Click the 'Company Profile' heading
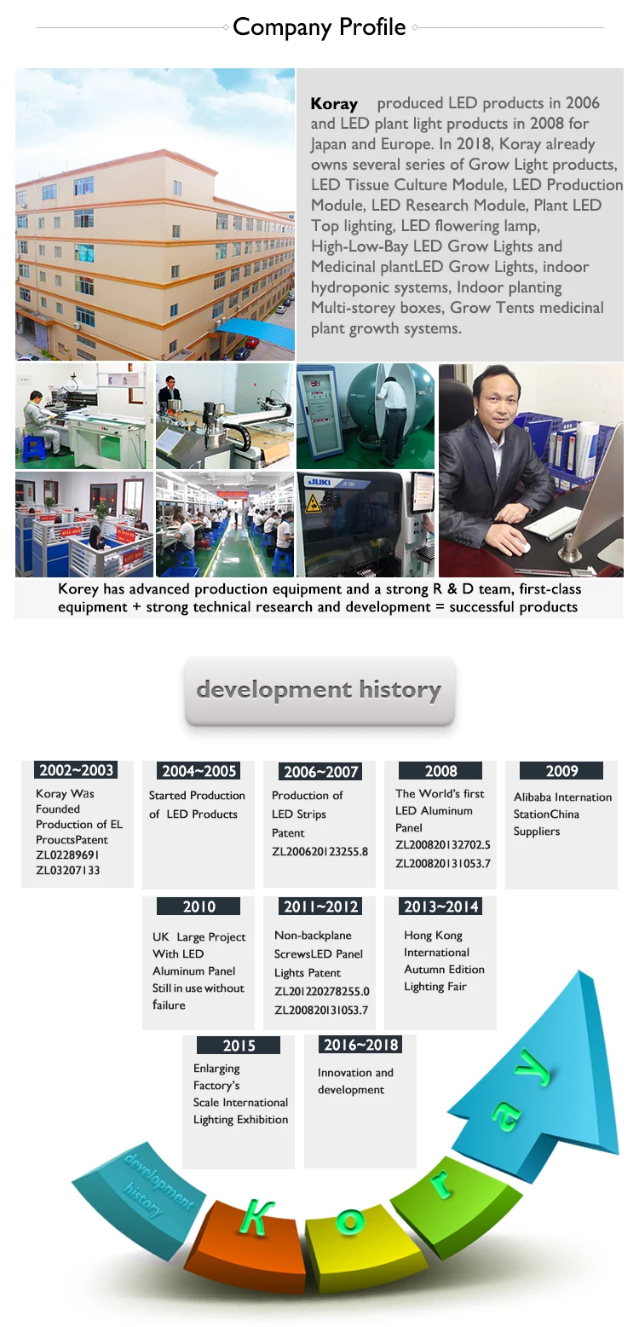click(x=319, y=27)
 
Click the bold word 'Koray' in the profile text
click(x=334, y=104)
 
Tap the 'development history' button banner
click(x=319, y=690)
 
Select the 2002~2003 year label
click(x=76, y=770)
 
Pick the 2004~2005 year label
click(x=199, y=771)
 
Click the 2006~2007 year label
click(x=320, y=771)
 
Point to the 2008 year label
click(x=440, y=771)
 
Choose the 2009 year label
click(x=561, y=771)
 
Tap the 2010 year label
click(x=199, y=907)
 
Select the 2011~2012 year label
click(x=320, y=907)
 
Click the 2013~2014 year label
click(x=440, y=907)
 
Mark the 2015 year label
click(x=239, y=1046)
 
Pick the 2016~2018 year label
click(x=360, y=1045)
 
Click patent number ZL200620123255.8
click(x=320, y=851)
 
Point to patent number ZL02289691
click(x=67, y=855)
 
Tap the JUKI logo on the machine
click(x=319, y=482)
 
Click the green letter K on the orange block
click(x=256, y=1217)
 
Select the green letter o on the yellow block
click(x=350, y=1220)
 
